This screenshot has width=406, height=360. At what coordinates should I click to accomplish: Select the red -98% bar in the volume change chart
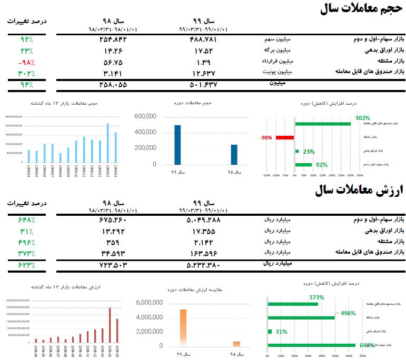pyautogui.click(x=284, y=137)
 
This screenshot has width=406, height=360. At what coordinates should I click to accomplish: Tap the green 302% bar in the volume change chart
pyautogui.click(x=323, y=124)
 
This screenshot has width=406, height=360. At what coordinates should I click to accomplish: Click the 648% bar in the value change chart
pyautogui.click(x=311, y=345)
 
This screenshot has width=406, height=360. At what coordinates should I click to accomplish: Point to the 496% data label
pyautogui.click(x=348, y=313)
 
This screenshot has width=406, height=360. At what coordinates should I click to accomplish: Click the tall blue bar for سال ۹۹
pyautogui.click(x=177, y=145)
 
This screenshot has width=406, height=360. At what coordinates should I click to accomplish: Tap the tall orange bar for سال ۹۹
pyautogui.click(x=183, y=327)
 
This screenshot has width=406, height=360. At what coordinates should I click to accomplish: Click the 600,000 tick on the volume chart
pyautogui.click(x=145, y=116)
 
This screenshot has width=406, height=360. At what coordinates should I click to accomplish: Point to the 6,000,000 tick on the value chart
pyautogui.click(x=150, y=303)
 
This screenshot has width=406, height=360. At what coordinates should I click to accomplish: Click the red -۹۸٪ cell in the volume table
pyautogui.click(x=25, y=62)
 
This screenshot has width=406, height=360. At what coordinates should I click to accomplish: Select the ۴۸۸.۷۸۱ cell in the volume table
pyautogui.click(x=202, y=39)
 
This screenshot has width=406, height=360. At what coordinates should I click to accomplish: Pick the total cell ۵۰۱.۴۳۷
pyautogui.click(x=202, y=84)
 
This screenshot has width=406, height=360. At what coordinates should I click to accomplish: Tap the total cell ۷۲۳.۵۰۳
pyautogui.click(x=113, y=264)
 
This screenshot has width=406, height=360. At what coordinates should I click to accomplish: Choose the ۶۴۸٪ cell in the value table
pyautogui.click(x=26, y=219)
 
